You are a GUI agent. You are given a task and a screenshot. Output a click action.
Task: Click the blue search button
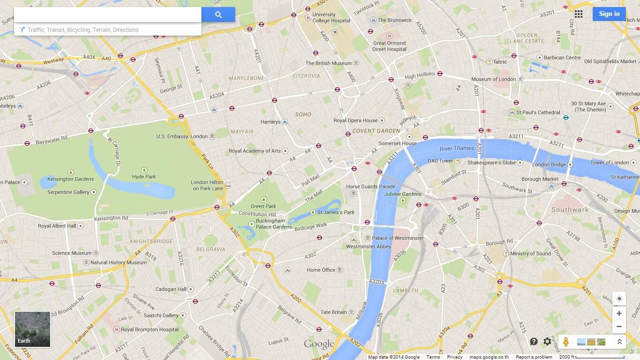[218, 15]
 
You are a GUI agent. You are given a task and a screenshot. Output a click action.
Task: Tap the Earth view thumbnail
[32, 329]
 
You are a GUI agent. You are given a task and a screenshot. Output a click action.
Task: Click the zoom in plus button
[619, 314]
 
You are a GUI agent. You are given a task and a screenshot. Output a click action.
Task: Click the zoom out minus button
[619, 326]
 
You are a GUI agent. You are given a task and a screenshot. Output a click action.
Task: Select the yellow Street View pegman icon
[566, 342]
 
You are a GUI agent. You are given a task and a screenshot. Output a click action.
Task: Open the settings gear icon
[547, 342]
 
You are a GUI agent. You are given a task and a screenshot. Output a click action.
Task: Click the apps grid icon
[579, 14]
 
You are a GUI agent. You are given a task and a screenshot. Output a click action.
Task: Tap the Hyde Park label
[144, 177]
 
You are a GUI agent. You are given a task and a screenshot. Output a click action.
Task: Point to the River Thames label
[457, 149]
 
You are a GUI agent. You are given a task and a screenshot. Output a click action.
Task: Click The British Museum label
[328, 63]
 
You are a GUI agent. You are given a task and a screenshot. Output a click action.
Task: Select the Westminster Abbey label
[368, 247]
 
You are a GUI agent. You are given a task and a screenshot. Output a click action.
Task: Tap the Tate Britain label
[334, 312]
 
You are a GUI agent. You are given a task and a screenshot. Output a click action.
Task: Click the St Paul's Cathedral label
[538, 112]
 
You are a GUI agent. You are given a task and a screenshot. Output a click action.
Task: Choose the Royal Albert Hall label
[57, 226]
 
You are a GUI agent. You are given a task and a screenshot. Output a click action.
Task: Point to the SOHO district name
[303, 114]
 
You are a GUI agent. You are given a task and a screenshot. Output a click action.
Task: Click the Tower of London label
[609, 163]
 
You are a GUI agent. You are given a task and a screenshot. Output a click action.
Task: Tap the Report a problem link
[534, 357]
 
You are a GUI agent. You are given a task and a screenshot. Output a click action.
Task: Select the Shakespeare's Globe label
[491, 163]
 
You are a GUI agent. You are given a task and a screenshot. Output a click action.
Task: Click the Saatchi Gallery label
[161, 315]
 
